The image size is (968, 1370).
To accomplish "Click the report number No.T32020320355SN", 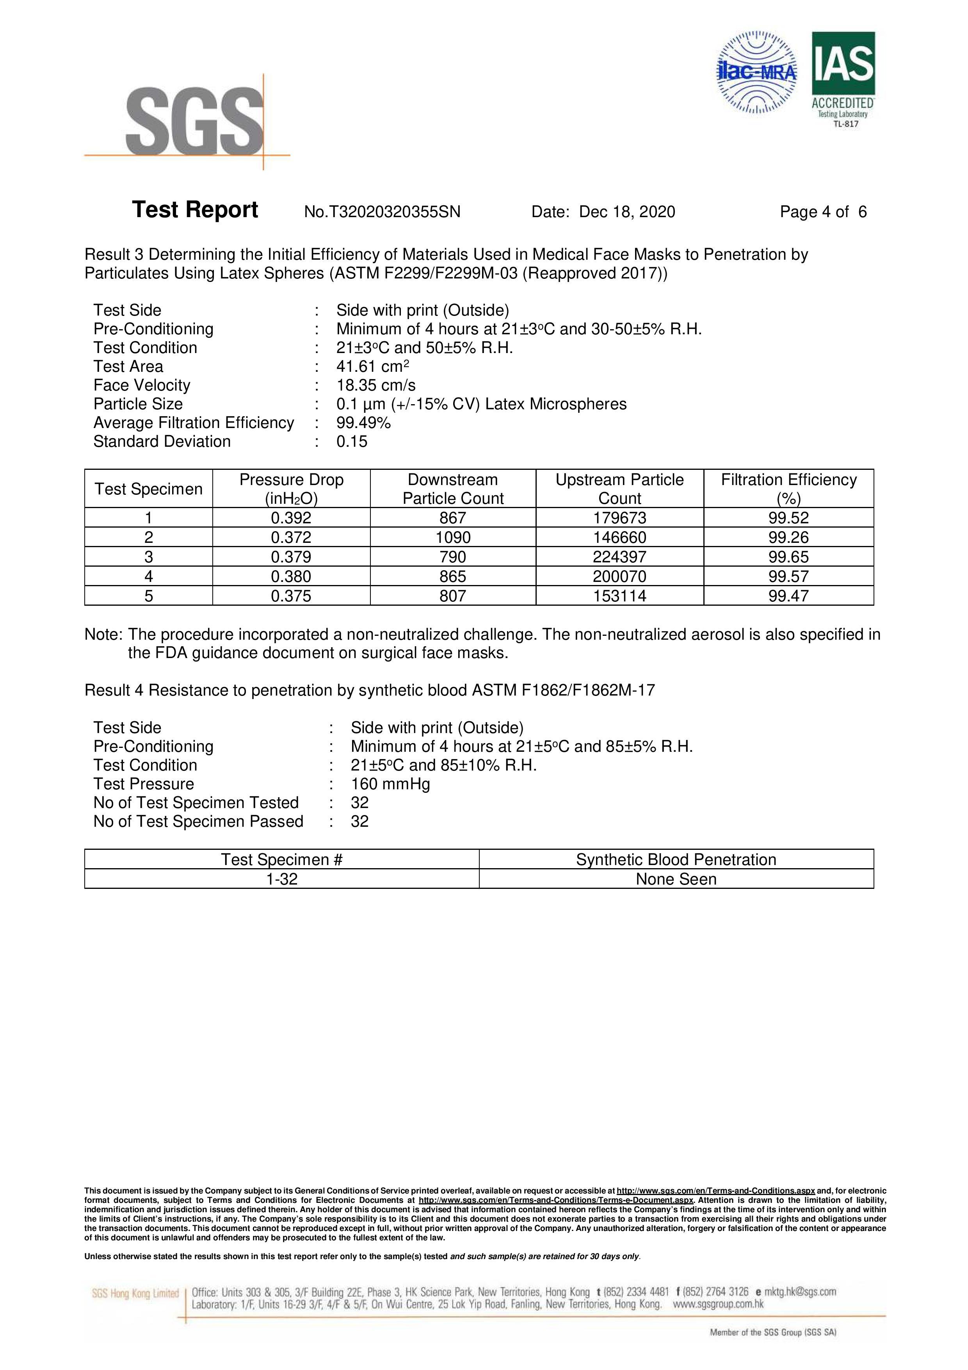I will coord(382,212).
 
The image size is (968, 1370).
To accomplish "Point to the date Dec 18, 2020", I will coord(627,212).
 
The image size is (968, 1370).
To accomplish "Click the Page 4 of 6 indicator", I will coord(823,212).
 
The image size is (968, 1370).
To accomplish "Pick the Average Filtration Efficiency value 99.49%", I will coord(364,423).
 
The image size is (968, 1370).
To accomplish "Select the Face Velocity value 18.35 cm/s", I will coord(376,385).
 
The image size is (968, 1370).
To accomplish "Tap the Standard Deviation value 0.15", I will coord(352,442).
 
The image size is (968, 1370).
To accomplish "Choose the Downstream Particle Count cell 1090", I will coord(453,538).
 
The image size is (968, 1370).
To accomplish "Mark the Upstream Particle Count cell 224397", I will coord(620,557).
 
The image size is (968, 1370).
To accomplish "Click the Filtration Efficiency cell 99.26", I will coord(788,538).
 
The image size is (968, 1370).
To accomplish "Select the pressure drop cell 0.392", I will coord(291,518).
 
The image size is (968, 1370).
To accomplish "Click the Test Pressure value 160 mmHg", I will coord(390,784).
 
